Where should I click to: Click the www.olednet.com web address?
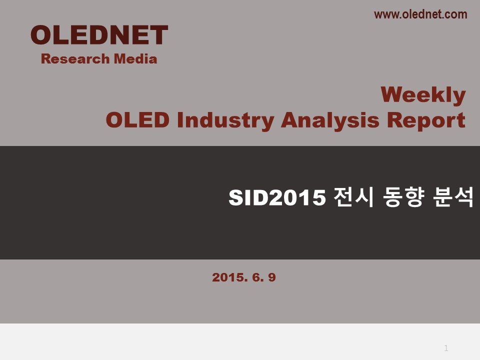tap(420, 14)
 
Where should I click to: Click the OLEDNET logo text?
tap(99, 35)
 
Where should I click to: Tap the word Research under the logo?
tap(75, 59)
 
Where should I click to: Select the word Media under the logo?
tap(135, 59)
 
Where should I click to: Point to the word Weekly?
tap(423, 95)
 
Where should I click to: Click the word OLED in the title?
tap(137, 119)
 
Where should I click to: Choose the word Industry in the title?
tap(225, 120)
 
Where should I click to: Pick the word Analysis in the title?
tap(330, 120)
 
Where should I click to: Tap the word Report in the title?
tap(426, 120)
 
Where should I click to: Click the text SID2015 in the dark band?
tap(277, 197)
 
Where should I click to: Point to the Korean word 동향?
tap(403, 197)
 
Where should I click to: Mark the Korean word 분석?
tap(453, 197)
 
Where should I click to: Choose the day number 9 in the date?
tap(272, 277)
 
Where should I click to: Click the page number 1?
tap(446, 348)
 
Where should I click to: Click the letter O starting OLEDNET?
tap(41, 35)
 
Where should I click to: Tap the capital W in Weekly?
tap(394, 94)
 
